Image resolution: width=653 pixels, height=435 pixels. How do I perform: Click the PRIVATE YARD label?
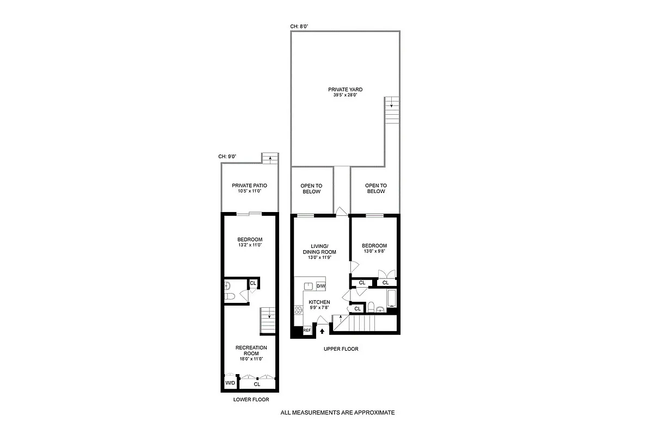point(345,89)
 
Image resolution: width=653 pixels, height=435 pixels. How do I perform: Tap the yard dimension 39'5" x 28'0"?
point(345,95)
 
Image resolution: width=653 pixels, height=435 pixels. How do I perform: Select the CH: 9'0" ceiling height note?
point(227,157)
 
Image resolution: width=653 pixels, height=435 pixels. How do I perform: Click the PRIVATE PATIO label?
point(249,185)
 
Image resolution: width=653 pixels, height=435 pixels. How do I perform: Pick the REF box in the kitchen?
point(307,330)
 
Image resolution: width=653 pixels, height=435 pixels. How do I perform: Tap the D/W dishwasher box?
point(321,286)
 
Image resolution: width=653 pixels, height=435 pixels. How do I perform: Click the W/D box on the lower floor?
point(230,383)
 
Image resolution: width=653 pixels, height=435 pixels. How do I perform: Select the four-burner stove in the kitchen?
point(299,311)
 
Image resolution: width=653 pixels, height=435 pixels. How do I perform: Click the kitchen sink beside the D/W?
point(309,287)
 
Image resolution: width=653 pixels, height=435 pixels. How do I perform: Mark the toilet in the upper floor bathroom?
point(371,307)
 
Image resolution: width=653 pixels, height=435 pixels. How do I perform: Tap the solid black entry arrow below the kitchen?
point(322,330)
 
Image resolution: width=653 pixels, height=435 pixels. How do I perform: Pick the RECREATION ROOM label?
point(251,350)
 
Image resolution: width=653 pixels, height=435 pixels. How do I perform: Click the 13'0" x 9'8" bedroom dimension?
point(374,252)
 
